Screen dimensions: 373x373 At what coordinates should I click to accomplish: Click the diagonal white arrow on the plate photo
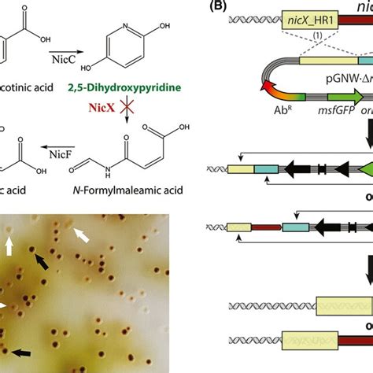click(x=81, y=234)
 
